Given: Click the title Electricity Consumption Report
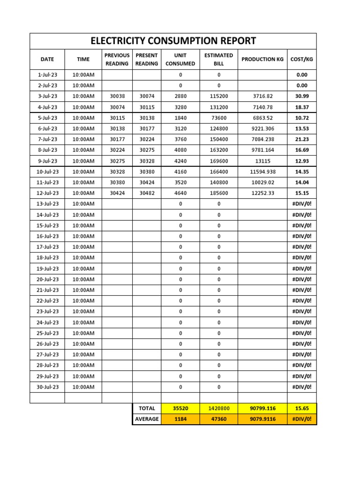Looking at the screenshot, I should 173,41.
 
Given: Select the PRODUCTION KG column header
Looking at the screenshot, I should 262,59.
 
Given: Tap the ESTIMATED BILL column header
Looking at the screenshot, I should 218,60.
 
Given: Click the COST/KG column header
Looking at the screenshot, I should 301,59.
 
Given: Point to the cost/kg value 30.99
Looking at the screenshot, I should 301,96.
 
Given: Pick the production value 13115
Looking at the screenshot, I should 262,161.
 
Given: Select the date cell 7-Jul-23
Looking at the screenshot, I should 47,139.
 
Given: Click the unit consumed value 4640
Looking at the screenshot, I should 180,193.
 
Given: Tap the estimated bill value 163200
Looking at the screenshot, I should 218,150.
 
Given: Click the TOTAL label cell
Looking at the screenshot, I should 147,409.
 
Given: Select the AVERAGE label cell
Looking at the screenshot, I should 147,419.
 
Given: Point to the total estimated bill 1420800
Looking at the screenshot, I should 218,409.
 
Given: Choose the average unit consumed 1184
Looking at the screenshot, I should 180,419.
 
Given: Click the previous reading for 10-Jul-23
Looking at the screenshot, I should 117,172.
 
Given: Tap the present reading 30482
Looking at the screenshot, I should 147,193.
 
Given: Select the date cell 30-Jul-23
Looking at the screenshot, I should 47,387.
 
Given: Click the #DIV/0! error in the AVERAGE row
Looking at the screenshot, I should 301,419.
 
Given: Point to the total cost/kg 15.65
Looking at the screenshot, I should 301,409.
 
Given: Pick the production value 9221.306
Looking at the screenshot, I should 262,128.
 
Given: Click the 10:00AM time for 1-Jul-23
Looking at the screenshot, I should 83,75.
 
